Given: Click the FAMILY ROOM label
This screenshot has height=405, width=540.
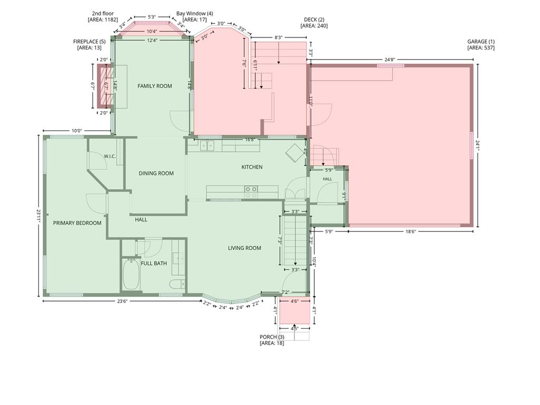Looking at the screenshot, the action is pyautogui.click(x=155, y=86).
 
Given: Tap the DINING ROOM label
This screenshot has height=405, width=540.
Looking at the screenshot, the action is pyautogui.click(x=156, y=173).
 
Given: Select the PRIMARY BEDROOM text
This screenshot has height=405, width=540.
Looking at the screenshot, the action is pyautogui.click(x=77, y=223).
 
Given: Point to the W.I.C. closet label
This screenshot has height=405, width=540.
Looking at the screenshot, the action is pyautogui.click(x=110, y=156).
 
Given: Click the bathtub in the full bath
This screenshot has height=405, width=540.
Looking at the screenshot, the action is pyautogui.click(x=131, y=274).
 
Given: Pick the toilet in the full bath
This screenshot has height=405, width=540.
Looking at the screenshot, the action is pyautogui.click(x=177, y=284).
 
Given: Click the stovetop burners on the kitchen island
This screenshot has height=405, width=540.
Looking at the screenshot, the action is pyautogui.click(x=250, y=192).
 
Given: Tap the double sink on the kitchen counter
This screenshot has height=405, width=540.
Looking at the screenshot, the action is pyautogui.click(x=207, y=146).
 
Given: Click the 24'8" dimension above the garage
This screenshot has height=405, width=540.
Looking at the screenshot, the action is pyautogui.click(x=390, y=60).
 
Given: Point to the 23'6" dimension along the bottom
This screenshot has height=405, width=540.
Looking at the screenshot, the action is pyautogui.click(x=122, y=301).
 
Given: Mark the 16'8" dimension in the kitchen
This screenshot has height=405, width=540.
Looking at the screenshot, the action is pyautogui.click(x=250, y=140).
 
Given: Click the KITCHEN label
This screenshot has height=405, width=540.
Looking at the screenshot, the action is pyautogui.click(x=252, y=167).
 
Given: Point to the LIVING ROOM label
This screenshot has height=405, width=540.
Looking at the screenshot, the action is pyautogui.click(x=245, y=248).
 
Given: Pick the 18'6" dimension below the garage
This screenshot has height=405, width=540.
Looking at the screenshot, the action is pyautogui.click(x=410, y=232).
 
